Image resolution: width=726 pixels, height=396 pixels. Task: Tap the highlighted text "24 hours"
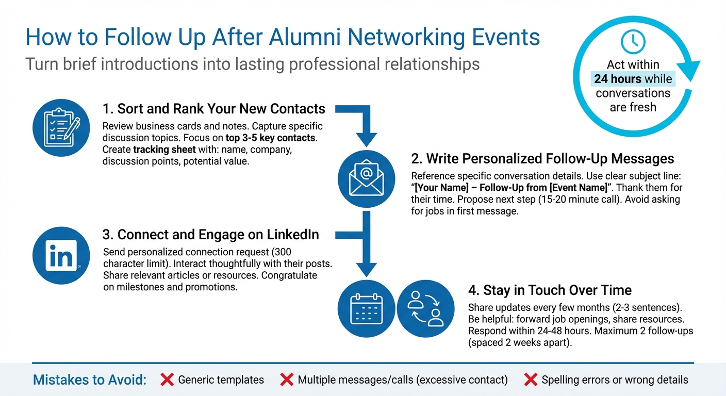click(x=618, y=79)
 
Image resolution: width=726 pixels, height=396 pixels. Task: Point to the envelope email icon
click(x=366, y=180)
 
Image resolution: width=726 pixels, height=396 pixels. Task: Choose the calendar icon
click(x=366, y=309)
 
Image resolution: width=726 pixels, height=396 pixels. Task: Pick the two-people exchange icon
click(x=425, y=309)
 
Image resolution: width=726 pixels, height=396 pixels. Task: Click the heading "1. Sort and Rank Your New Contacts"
click(x=213, y=109)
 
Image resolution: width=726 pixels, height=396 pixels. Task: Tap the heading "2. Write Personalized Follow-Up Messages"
click(x=542, y=158)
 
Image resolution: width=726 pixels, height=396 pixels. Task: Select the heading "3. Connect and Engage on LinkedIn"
click(x=210, y=235)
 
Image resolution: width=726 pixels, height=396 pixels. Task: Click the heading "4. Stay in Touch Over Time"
click(x=550, y=290)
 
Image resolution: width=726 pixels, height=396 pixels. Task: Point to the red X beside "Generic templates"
click(x=167, y=380)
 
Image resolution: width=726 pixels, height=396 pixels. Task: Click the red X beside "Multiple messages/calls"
click(x=287, y=380)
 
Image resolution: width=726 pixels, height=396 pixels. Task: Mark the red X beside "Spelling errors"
click(x=531, y=380)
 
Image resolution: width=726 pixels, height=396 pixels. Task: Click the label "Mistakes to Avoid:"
click(x=90, y=380)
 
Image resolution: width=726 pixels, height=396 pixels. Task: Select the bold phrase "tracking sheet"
click(x=164, y=150)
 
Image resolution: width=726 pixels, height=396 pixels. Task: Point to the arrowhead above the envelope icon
click(x=366, y=139)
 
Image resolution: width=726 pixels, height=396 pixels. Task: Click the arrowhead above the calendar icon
click(x=366, y=269)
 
